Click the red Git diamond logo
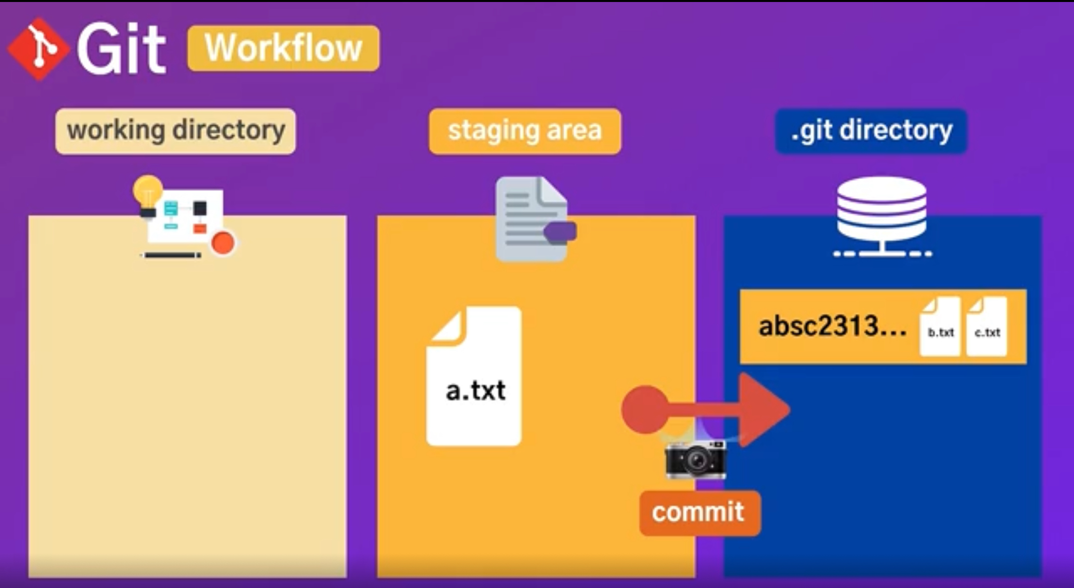39,49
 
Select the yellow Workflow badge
283,48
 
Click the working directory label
176,131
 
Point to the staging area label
525,131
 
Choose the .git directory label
871,131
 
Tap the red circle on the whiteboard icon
223,243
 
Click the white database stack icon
882,209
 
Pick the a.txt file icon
474,377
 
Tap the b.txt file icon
940,327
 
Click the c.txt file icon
987,327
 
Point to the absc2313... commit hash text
832,327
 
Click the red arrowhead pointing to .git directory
763,409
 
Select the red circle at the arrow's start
645,409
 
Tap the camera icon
696,460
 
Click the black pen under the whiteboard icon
172,255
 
